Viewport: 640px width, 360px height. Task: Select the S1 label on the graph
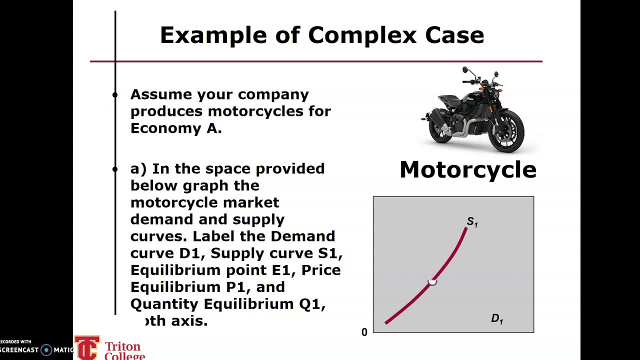pyautogui.click(x=472, y=222)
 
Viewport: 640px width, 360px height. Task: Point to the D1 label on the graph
pyautogui.click(x=496, y=318)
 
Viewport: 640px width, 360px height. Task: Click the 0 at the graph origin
pyautogui.click(x=364, y=332)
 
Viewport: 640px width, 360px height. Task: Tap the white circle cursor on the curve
pyautogui.click(x=432, y=282)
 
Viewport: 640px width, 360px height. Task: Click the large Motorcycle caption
pyautogui.click(x=468, y=170)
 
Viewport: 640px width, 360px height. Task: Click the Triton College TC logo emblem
pyautogui.click(x=87, y=348)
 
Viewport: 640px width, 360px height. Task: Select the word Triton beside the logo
pyautogui.click(x=122, y=347)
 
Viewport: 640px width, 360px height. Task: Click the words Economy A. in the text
pyautogui.click(x=175, y=128)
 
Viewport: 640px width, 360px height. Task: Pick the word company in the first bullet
pyautogui.click(x=273, y=94)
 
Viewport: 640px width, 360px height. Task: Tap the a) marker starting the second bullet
pyautogui.click(x=138, y=169)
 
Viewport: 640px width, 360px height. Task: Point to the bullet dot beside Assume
pyautogui.click(x=115, y=94)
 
